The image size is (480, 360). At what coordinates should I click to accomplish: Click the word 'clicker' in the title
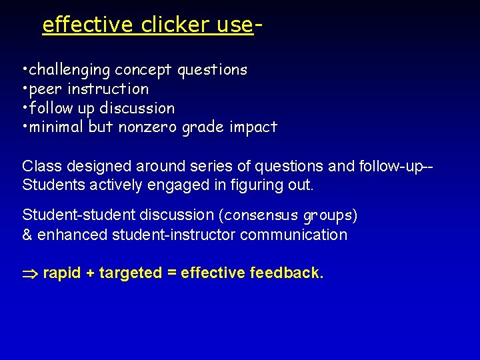point(175,25)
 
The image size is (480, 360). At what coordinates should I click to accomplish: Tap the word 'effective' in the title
point(88,25)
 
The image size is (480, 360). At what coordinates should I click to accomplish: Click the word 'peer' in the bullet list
point(46,89)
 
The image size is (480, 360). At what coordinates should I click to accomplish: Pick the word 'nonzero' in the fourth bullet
point(145,127)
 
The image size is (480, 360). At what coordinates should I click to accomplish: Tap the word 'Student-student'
point(74,215)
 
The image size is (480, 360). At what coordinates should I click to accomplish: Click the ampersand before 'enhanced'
point(27,235)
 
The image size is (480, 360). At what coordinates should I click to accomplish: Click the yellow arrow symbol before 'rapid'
point(31,273)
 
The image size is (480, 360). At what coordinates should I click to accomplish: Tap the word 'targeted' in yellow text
point(130,273)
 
